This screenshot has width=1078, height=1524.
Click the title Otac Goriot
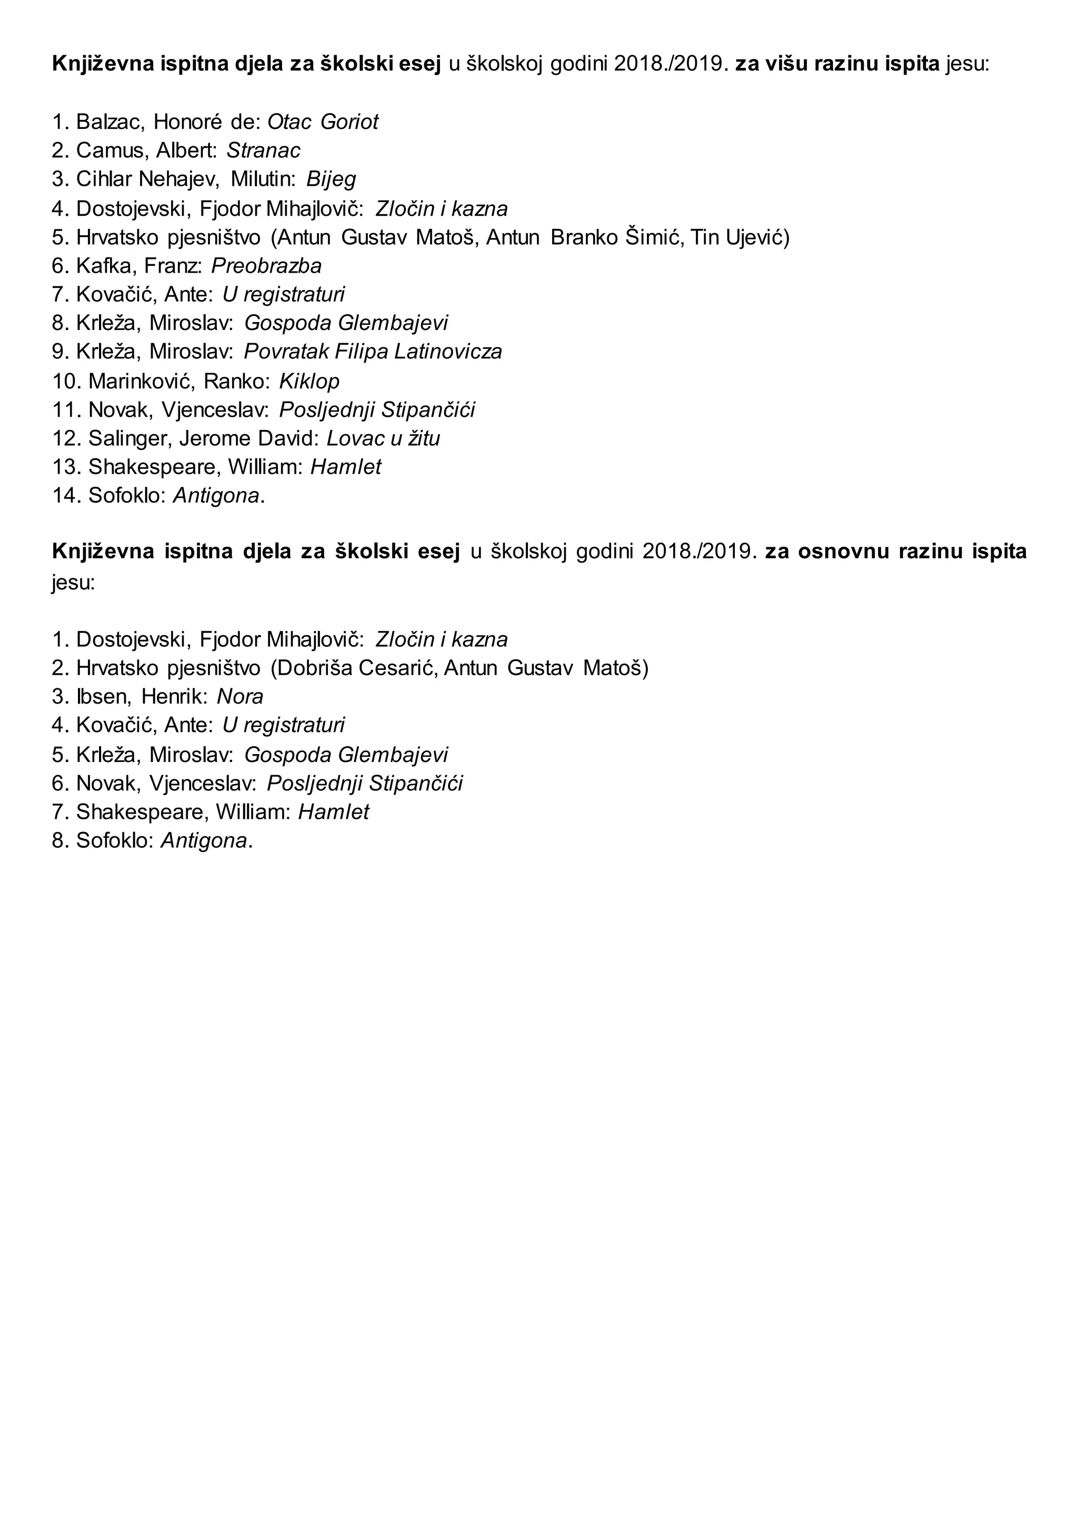coord(323,122)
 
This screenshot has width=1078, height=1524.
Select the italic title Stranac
coord(264,151)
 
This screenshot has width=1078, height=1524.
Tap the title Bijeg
coord(331,179)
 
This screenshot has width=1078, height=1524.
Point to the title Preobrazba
coord(266,266)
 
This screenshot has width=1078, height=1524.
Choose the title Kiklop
coord(310,381)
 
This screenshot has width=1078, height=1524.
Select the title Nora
coord(241,696)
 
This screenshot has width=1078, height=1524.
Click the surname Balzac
coord(110,122)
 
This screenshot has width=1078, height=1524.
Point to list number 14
coord(66,496)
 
